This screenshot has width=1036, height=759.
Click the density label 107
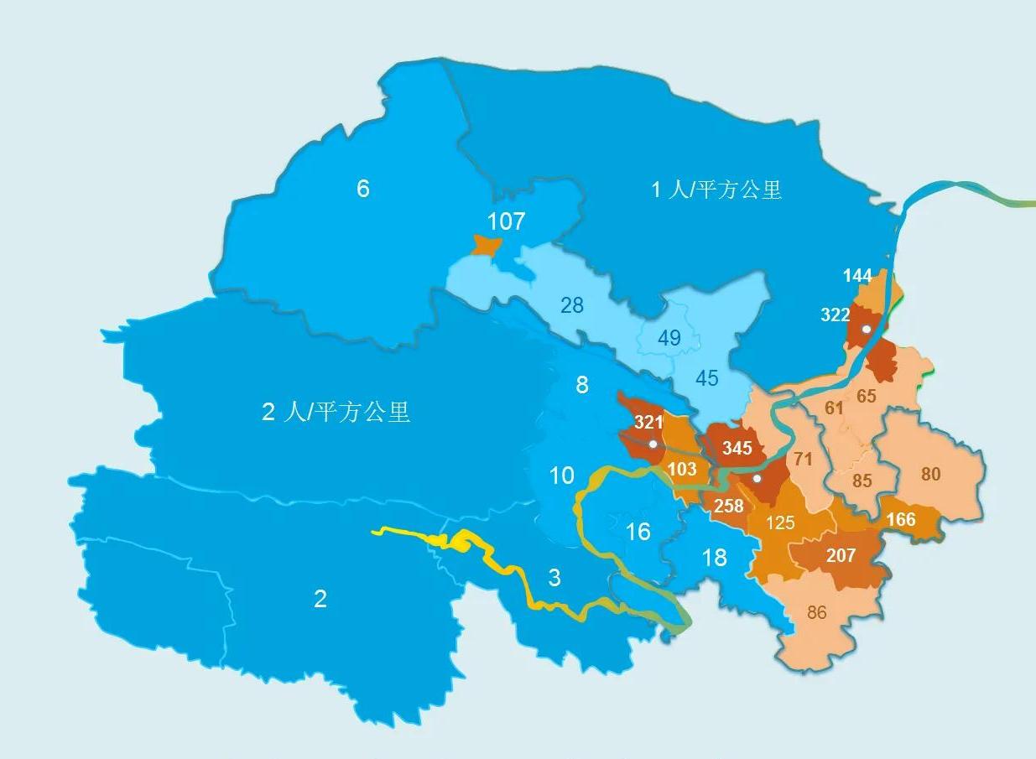506,221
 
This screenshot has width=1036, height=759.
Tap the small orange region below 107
486,246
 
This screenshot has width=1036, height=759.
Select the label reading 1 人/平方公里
716,190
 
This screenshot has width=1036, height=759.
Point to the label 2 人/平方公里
336,412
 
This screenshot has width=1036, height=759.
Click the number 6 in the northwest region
362,189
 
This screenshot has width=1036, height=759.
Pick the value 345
737,448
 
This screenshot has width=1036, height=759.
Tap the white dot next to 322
867,330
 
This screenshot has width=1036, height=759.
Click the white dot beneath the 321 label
653,444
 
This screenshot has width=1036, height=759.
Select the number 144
858,276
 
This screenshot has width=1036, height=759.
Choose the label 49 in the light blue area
669,339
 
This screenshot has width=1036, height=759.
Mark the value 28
572,305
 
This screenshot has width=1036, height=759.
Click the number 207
841,556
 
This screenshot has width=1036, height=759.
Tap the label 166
900,520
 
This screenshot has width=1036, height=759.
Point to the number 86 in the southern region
816,612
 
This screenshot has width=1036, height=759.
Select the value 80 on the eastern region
930,474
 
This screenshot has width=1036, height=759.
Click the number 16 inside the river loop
638,532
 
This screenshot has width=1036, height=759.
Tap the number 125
780,523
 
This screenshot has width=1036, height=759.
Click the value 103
682,469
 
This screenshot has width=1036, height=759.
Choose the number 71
803,459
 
